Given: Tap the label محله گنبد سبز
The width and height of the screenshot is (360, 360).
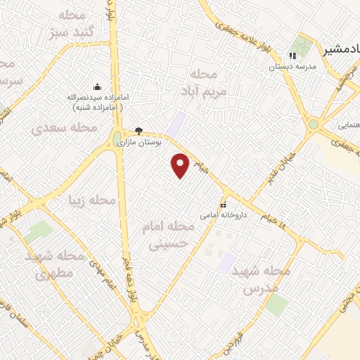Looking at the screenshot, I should (x=72, y=25).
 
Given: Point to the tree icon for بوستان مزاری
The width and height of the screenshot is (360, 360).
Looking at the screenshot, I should (x=139, y=131).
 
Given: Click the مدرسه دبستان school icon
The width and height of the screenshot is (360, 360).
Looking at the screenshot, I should (x=293, y=57).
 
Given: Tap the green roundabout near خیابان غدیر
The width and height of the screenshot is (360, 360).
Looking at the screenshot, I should (x=313, y=124).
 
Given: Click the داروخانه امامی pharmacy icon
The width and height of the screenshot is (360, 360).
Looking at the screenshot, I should (x=224, y=205).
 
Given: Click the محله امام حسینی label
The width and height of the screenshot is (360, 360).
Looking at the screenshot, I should (x=173, y=235).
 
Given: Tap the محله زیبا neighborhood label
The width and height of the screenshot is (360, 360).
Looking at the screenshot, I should (x=91, y=201).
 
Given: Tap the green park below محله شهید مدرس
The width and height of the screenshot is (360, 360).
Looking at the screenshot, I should (x=276, y=304).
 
